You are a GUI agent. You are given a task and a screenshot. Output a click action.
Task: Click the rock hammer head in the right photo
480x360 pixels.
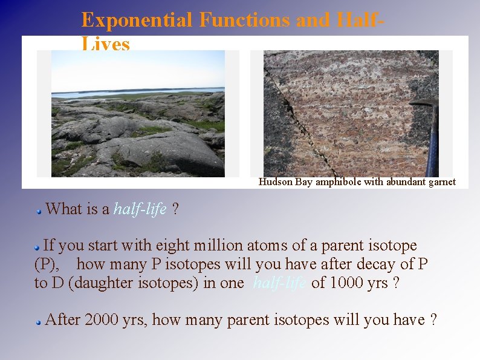424,103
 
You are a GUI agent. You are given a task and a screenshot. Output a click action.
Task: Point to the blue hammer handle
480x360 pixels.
432,148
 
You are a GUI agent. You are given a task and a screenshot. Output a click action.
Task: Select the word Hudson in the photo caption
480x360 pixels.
276,182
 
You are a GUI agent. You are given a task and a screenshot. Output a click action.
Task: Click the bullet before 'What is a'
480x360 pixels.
38,211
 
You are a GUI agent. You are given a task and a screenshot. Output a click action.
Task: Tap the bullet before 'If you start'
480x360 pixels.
37,247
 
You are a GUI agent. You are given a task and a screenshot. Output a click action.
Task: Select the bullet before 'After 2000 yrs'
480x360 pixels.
38,322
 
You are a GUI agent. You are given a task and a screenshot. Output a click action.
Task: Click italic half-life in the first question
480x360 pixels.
140,209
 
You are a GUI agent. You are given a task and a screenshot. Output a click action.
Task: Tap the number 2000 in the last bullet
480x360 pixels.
102,320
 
